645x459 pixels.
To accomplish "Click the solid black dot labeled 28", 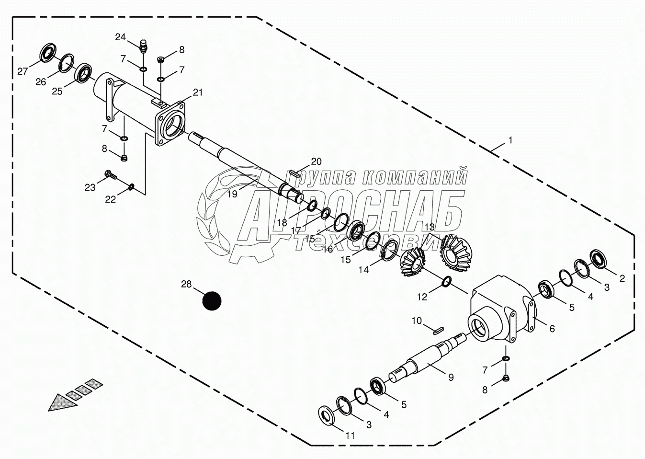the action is pos(212,301).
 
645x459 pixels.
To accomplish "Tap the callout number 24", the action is pos(120,37).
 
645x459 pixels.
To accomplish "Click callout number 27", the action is pos(23,71).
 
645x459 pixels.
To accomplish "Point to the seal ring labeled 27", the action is pos(47,53).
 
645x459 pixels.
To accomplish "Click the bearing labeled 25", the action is pos(85,72).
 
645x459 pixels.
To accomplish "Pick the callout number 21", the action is pos(198,92).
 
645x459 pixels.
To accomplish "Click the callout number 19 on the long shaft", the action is pos(232,194).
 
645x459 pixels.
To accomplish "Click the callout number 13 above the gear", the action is pos(429,227).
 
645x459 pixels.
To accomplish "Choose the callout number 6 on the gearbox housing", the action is pos(552,329).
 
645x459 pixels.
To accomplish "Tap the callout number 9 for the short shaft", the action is pos(451,377).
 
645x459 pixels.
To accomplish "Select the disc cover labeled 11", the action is pos(328,415).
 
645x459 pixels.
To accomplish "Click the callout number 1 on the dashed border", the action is pos(510,140).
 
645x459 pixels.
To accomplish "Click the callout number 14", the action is pos(363,270).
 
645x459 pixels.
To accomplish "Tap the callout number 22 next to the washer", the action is pos(111,199).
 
